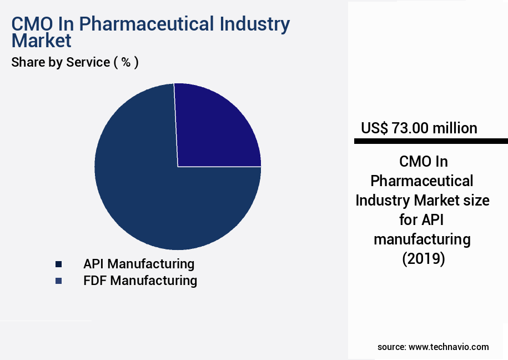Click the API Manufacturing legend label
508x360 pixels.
pyautogui.click(x=139, y=263)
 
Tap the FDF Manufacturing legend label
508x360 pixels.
pyautogui.click(x=140, y=281)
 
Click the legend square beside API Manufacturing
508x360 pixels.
pyautogui.click(x=58, y=264)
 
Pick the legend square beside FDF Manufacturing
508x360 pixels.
pyautogui.click(x=58, y=281)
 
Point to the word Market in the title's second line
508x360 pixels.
pyautogui.click(x=41, y=41)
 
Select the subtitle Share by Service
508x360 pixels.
pyautogui.click(x=61, y=62)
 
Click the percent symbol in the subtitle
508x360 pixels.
pyautogui.click(x=126, y=62)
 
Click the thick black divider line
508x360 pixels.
pyautogui.click(x=431, y=142)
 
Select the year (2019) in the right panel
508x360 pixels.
pyautogui.click(x=423, y=259)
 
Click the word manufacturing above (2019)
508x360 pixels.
pyautogui.click(x=422, y=239)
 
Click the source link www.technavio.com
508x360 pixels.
pyautogui.click(x=449, y=347)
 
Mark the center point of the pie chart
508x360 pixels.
pyautogui.click(x=178, y=166)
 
